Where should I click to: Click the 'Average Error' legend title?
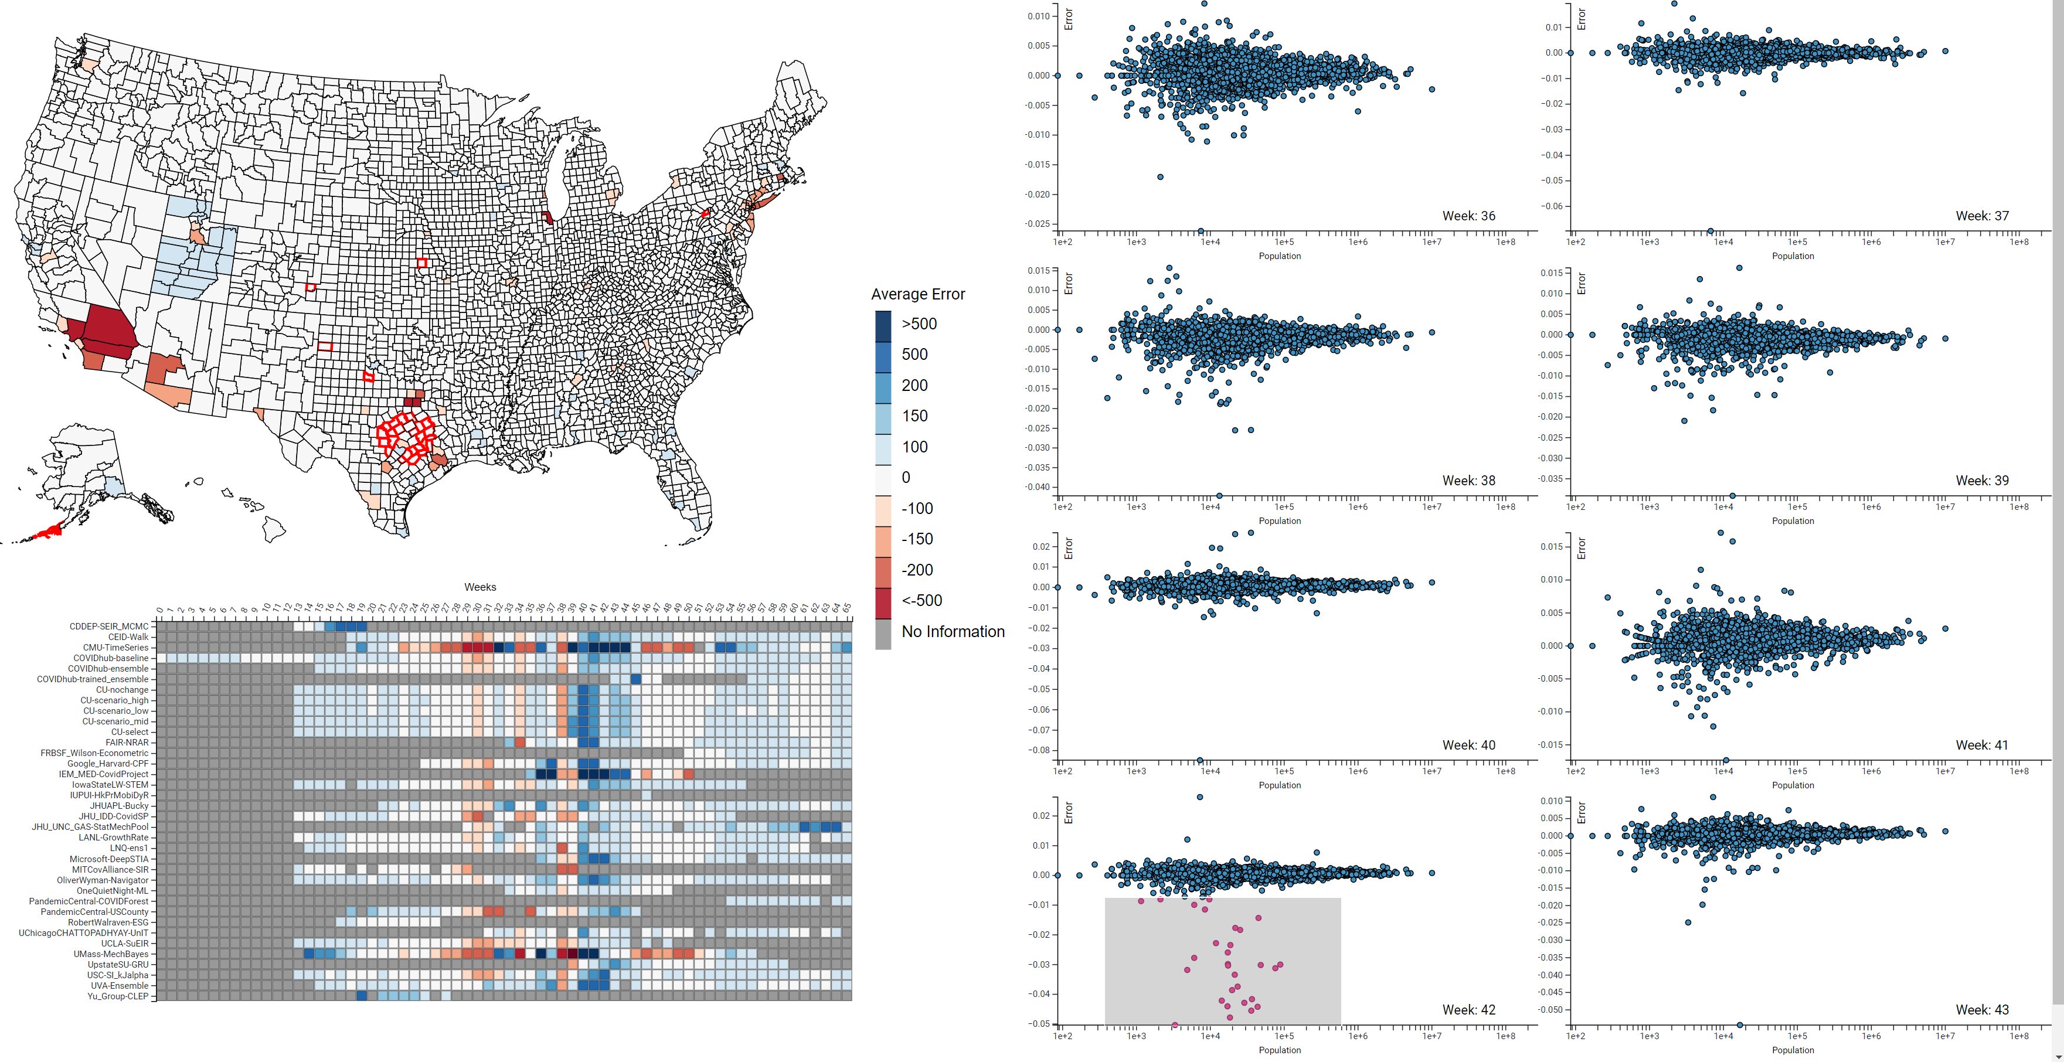pos(917,294)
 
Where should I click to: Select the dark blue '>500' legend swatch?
pos(882,324)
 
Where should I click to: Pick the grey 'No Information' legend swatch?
pos(882,632)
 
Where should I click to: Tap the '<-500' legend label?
pos(922,601)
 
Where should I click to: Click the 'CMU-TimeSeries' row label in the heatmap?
pos(115,647)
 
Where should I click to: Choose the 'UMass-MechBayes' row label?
pos(111,954)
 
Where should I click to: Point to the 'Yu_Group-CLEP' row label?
pos(118,996)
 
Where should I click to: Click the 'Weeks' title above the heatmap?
pos(480,587)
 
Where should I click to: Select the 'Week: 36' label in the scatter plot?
pos(1468,216)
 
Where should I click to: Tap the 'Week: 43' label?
pos(1981,1009)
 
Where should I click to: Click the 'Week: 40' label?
pos(1468,745)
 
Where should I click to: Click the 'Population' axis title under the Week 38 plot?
pos(1280,520)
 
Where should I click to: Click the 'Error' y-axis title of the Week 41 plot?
pos(1581,549)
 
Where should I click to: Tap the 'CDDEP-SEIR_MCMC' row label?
pos(108,627)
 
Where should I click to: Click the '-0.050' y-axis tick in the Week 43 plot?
pos(1550,1010)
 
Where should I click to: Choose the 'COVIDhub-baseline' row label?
pos(111,658)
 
